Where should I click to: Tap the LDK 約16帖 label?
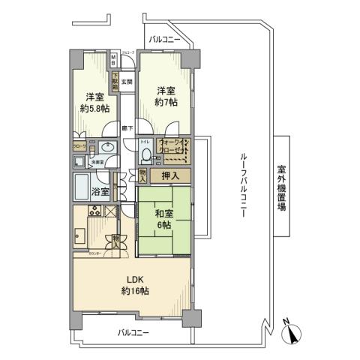[135, 285]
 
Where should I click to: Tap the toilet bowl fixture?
[146, 155]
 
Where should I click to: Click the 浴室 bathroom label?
[100, 191]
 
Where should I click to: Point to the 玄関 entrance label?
[127, 82]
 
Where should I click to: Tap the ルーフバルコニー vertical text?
[244, 184]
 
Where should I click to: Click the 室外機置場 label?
[282, 184]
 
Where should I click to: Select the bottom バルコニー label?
[133, 331]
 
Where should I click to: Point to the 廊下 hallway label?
[127, 128]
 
